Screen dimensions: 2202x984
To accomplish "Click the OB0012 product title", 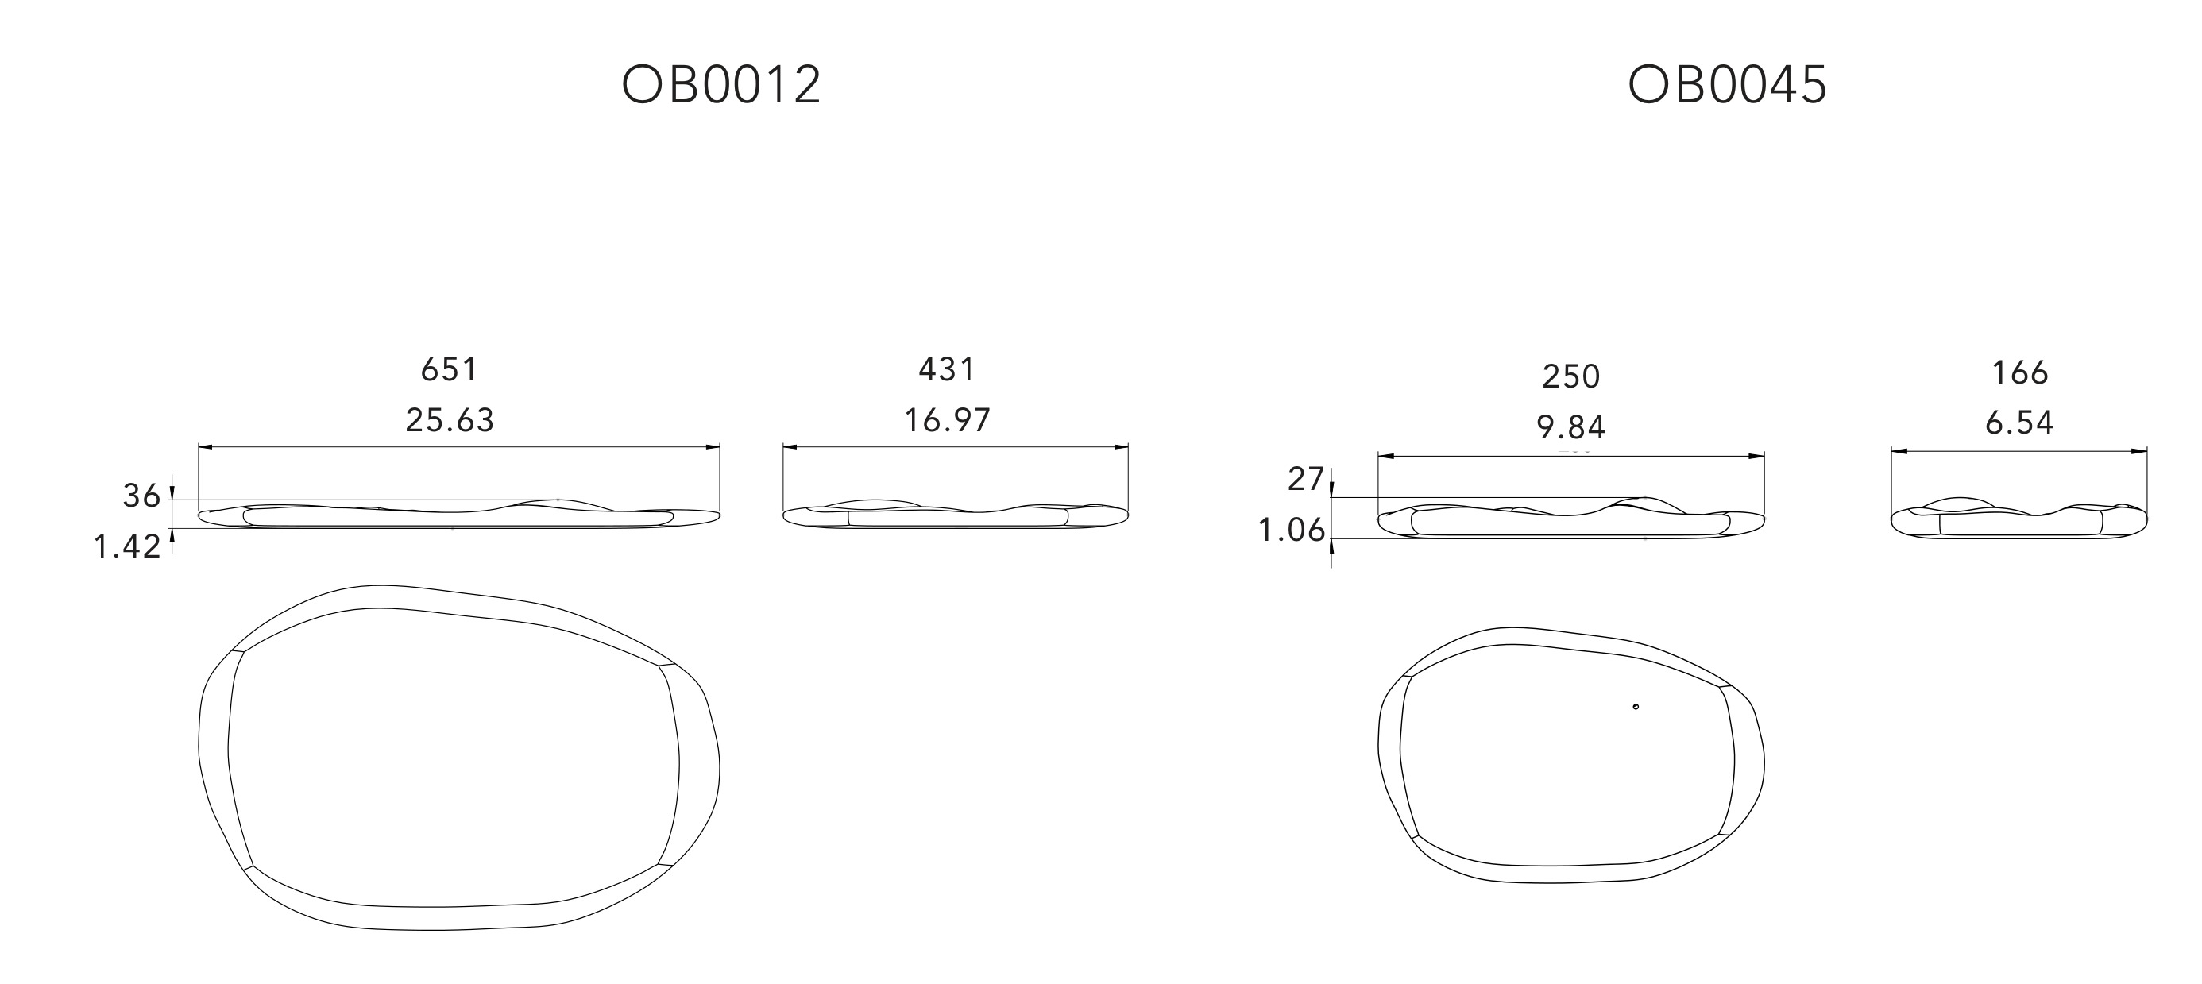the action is coord(721,85).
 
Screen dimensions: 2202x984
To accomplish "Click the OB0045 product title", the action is coord(1728,85).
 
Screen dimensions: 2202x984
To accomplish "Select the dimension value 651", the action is coord(449,369).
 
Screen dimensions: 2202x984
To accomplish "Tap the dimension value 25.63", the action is coord(450,421).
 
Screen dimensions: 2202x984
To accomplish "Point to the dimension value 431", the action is coord(947,369).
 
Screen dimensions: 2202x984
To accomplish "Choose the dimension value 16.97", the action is coord(947,421).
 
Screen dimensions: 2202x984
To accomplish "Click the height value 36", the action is coord(141,496).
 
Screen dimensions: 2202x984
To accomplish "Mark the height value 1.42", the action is coord(127,546).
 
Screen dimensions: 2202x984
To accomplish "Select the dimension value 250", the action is coord(1571,376).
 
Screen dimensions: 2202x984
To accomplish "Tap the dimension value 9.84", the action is coord(1571,426).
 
